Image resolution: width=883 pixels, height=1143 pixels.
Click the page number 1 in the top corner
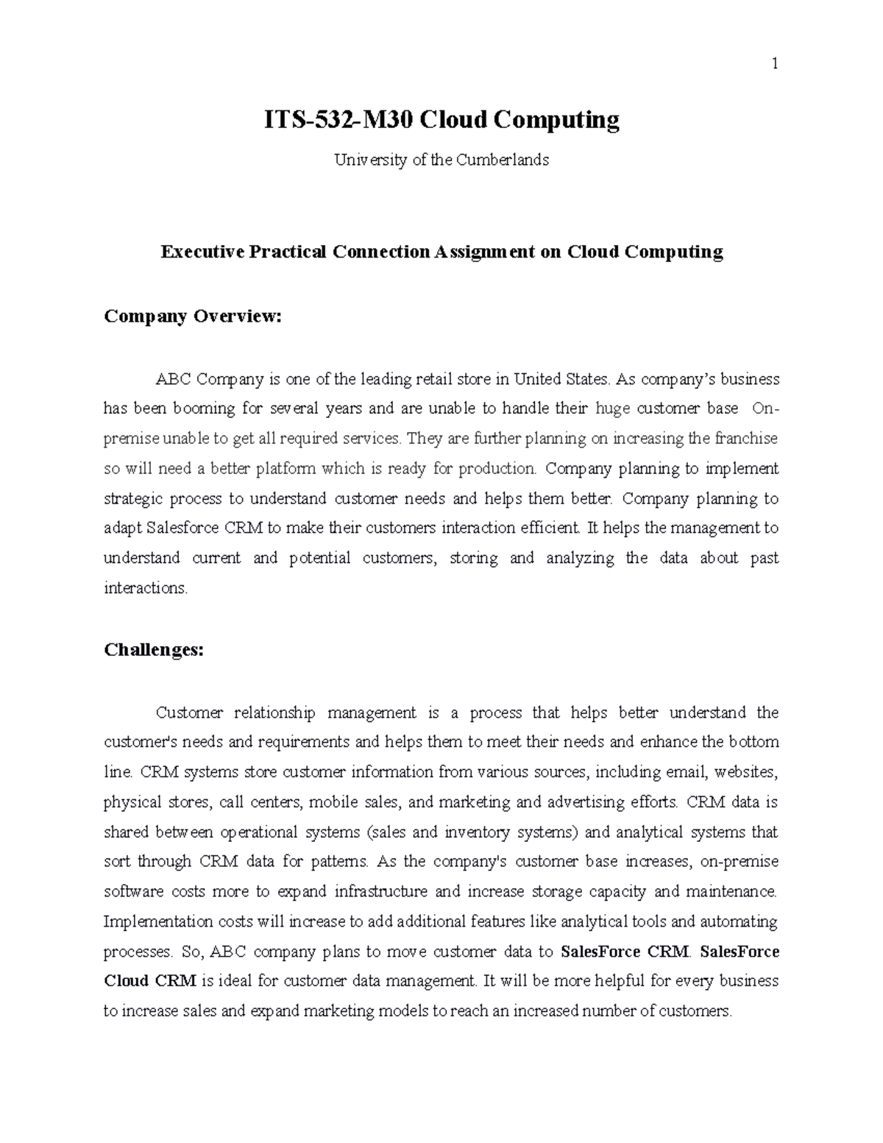tap(774, 65)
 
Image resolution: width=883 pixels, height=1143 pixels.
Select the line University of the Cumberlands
tap(441, 160)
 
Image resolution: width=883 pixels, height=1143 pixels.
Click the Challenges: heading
tap(154, 651)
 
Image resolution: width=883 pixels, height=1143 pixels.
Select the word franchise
tap(747, 439)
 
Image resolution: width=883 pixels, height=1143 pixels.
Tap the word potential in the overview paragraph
tap(320, 559)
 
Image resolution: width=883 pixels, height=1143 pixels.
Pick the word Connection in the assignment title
tap(380, 252)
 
